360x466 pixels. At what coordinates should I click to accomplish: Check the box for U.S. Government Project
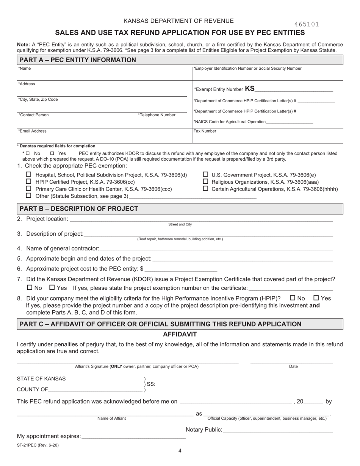click(x=206, y=175)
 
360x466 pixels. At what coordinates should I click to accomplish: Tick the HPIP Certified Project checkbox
click(x=28, y=181)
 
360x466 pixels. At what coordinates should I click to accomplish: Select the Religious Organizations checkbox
click(x=206, y=181)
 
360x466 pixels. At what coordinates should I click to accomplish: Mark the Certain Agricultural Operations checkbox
click(x=206, y=188)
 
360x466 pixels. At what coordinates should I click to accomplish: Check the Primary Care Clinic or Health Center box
click(x=28, y=188)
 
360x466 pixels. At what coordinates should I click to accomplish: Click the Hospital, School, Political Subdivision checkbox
click(x=28, y=175)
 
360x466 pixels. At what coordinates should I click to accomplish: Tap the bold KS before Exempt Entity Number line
click(x=250, y=89)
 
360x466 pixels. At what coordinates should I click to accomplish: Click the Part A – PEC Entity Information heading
click(x=78, y=60)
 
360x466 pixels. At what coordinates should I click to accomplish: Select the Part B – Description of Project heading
click(x=79, y=209)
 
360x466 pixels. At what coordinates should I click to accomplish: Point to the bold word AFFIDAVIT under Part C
click(x=180, y=334)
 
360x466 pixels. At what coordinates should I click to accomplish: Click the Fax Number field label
click(x=205, y=131)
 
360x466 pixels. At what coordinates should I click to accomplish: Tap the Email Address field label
click(x=33, y=131)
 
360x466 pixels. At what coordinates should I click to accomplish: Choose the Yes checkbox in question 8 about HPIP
click(x=317, y=298)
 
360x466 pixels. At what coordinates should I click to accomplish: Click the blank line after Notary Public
click(x=278, y=430)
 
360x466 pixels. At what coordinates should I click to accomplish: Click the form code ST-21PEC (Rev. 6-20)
click(x=38, y=445)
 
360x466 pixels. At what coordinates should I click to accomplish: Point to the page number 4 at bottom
click(x=180, y=451)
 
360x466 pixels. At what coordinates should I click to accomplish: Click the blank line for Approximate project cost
click(x=181, y=269)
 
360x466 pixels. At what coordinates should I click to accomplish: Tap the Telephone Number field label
click(x=157, y=115)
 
